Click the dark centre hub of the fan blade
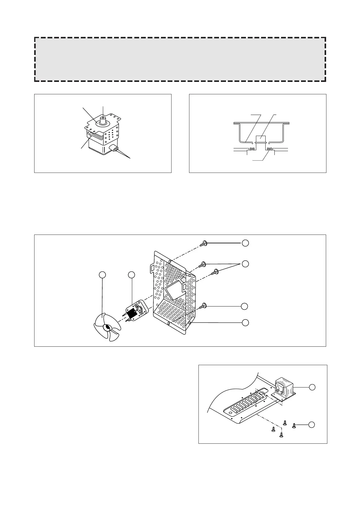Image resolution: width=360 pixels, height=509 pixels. tap(107, 327)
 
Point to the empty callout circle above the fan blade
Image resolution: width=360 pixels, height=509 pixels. tap(103, 274)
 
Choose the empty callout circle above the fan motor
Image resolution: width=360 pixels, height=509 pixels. tap(131, 274)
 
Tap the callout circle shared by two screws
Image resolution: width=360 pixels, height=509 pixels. tap(246, 264)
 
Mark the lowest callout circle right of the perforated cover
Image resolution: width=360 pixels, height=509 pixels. tap(246, 323)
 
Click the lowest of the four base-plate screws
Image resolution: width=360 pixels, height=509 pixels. tap(281, 435)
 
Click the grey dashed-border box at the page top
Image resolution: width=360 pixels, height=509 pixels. tap(180, 59)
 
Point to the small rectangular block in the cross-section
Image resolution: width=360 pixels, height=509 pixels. tap(261, 139)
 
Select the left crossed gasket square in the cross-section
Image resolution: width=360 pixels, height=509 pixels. tap(251, 149)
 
